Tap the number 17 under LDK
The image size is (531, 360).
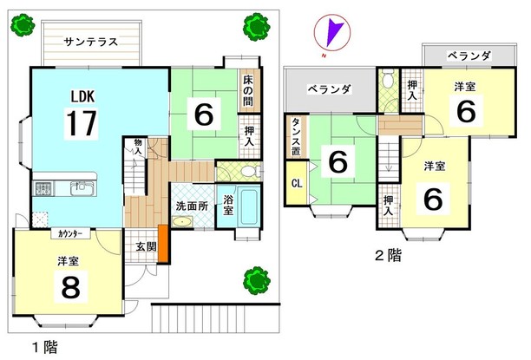pyautogui.click(x=80, y=122)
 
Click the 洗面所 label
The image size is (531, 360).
pyautogui.click(x=191, y=206)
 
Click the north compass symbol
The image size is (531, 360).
pyautogui.click(x=331, y=35)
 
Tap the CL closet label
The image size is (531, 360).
pyautogui.click(x=296, y=183)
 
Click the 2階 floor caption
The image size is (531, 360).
pyautogui.click(x=387, y=255)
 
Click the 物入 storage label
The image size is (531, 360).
pyautogui.click(x=136, y=146)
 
